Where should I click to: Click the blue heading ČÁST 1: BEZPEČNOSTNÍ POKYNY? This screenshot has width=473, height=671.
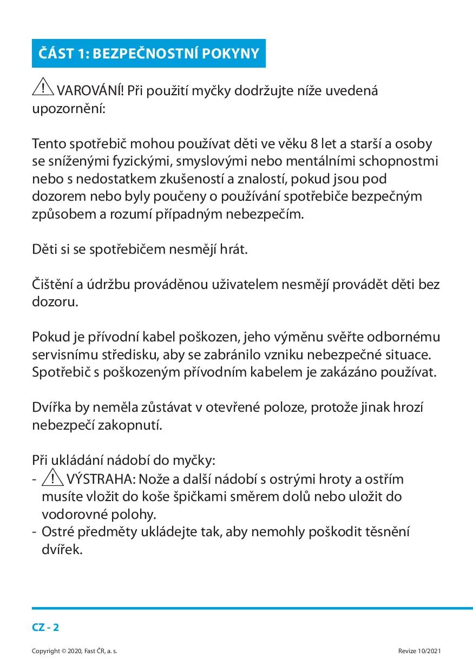point(148,54)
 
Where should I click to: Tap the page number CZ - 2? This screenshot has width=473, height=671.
point(45,628)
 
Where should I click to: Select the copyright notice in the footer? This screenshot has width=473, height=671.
point(75,651)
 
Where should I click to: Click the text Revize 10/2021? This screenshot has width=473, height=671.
point(419,651)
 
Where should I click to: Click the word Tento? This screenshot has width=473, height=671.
point(50,144)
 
